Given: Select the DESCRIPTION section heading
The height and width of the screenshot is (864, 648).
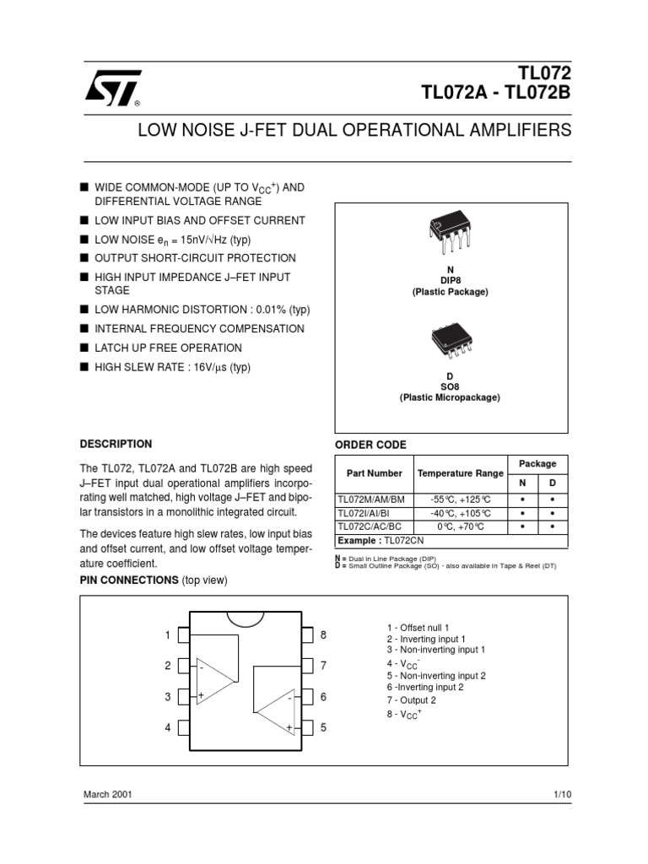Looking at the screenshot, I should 116,444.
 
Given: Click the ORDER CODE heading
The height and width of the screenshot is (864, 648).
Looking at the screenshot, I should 370,445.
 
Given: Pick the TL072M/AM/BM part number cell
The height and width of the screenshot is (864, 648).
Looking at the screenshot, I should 370,499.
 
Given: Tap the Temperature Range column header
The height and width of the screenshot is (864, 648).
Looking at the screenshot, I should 461,473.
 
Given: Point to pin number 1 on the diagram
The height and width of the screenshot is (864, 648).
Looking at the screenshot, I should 168,634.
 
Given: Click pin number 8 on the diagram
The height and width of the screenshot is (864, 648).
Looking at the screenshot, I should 323,634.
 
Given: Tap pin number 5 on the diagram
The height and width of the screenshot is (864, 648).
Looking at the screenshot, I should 323,727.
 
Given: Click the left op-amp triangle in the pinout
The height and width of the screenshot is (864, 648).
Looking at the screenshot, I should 214,680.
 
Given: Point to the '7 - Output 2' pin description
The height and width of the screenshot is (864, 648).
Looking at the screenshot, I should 412,700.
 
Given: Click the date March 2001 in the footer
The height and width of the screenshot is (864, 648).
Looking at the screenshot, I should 107,795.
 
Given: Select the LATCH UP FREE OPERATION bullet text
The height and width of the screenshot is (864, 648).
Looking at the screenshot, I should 168,348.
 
